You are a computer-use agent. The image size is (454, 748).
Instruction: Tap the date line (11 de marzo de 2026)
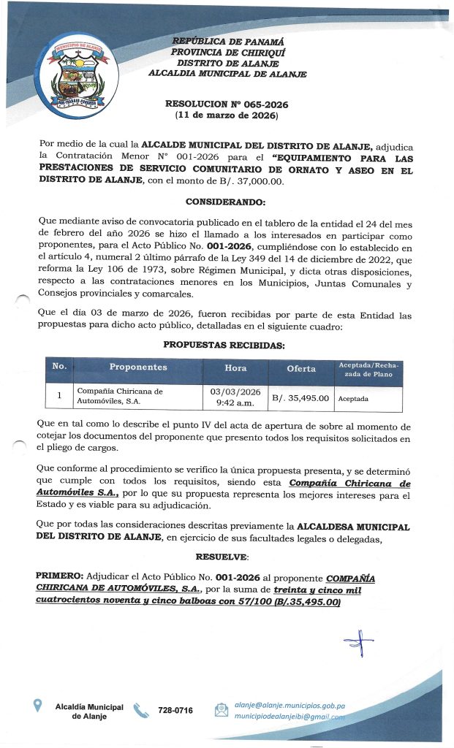click(x=227, y=116)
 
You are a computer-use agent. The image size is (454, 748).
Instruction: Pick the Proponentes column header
click(x=138, y=367)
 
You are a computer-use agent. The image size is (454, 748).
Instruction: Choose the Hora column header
click(x=235, y=368)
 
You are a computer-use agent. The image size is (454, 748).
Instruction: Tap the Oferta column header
click(x=301, y=369)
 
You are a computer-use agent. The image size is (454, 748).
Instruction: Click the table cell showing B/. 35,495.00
click(x=301, y=398)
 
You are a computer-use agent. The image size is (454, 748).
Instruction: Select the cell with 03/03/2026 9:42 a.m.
click(x=235, y=397)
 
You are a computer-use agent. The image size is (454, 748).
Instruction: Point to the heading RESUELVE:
click(x=226, y=557)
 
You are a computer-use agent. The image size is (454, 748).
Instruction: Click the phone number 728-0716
click(x=175, y=710)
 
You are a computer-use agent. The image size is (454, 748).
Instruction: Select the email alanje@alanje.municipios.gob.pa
click(x=290, y=706)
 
